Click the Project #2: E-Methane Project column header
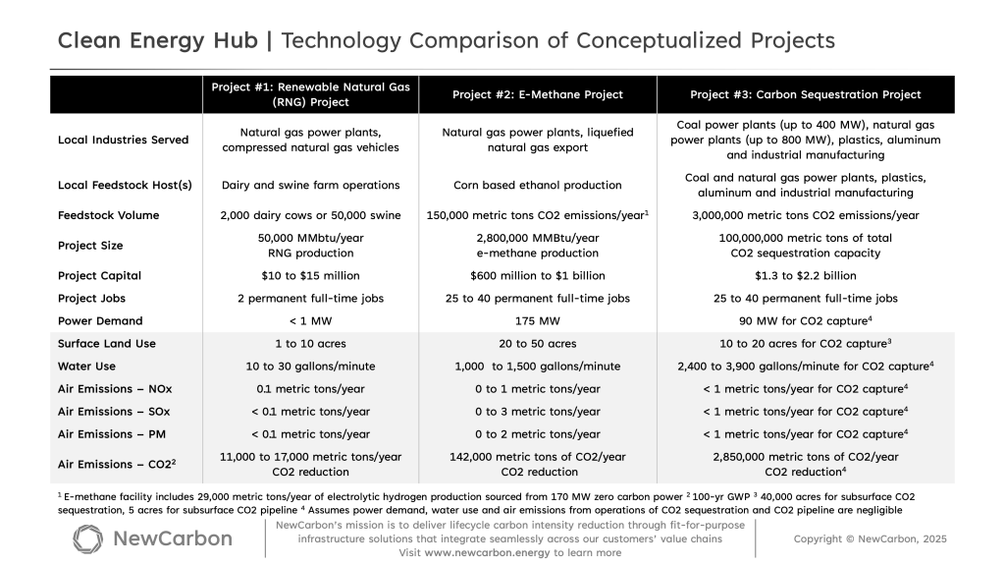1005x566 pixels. [x=537, y=94]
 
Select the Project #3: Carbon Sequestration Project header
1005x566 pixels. [x=805, y=94]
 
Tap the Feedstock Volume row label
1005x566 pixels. [x=108, y=215]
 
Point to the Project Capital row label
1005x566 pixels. [x=104, y=275]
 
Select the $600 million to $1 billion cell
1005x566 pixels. [x=537, y=275]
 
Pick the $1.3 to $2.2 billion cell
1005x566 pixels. [x=805, y=275]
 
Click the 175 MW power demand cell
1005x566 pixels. [x=537, y=320]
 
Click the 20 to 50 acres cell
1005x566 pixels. [x=537, y=344]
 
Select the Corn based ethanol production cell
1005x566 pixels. [x=537, y=185]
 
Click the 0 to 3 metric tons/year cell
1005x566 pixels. [x=537, y=412]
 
